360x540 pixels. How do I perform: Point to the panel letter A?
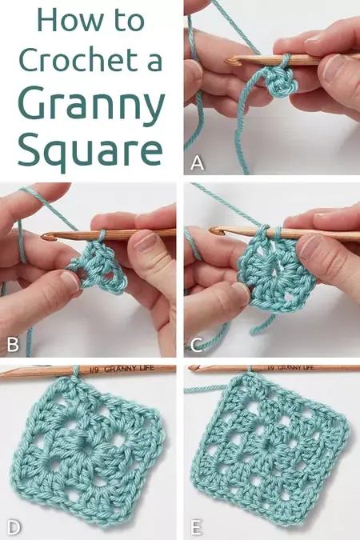point(197,165)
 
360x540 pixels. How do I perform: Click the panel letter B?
point(12,346)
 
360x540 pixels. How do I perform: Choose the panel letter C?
point(197,346)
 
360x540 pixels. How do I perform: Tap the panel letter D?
point(12,527)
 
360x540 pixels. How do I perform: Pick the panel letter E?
point(197,527)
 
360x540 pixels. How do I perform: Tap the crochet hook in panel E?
point(272,369)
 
